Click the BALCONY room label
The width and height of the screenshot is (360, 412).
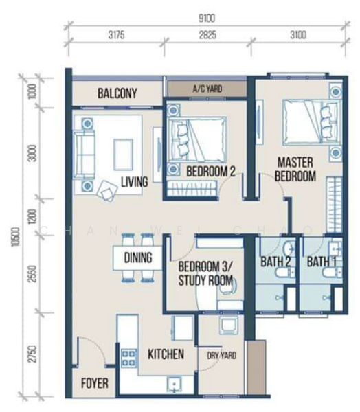[x=117, y=93]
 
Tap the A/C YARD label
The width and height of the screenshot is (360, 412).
[x=207, y=89]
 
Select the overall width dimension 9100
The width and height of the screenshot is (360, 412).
[x=207, y=19]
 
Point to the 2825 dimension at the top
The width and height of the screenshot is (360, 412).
[x=207, y=35]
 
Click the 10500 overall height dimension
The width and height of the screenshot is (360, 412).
[x=16, y=237]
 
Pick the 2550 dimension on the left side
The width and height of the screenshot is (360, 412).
[x=32, y=274]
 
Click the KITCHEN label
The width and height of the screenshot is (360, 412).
[x=166, y=354]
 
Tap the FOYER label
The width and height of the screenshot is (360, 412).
[x=95, y=383]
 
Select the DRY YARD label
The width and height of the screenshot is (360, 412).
[x=221, y=356]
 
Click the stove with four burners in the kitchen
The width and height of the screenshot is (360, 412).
[x=129, y=358]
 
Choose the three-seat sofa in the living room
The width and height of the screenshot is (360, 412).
[x=85, y=154]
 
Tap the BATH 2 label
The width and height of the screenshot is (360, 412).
[x=275, y=262]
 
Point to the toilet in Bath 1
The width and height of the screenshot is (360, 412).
[x=333, y=273]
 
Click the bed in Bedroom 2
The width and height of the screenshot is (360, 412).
[x=197, y=139]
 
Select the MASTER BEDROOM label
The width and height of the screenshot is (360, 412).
[x=295, y=169]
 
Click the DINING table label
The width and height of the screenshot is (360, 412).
[x=138, y=257]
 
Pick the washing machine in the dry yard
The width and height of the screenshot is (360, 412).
[x=229, y=325]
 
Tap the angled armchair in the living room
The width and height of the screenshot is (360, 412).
[x=107, y=191]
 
